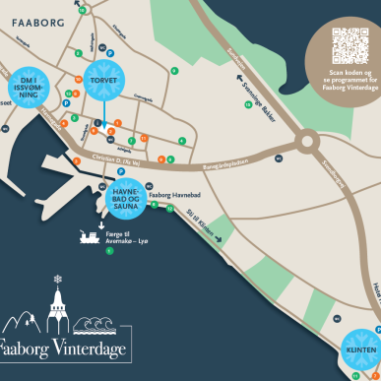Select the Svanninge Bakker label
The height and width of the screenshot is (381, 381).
coord(268,101)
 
